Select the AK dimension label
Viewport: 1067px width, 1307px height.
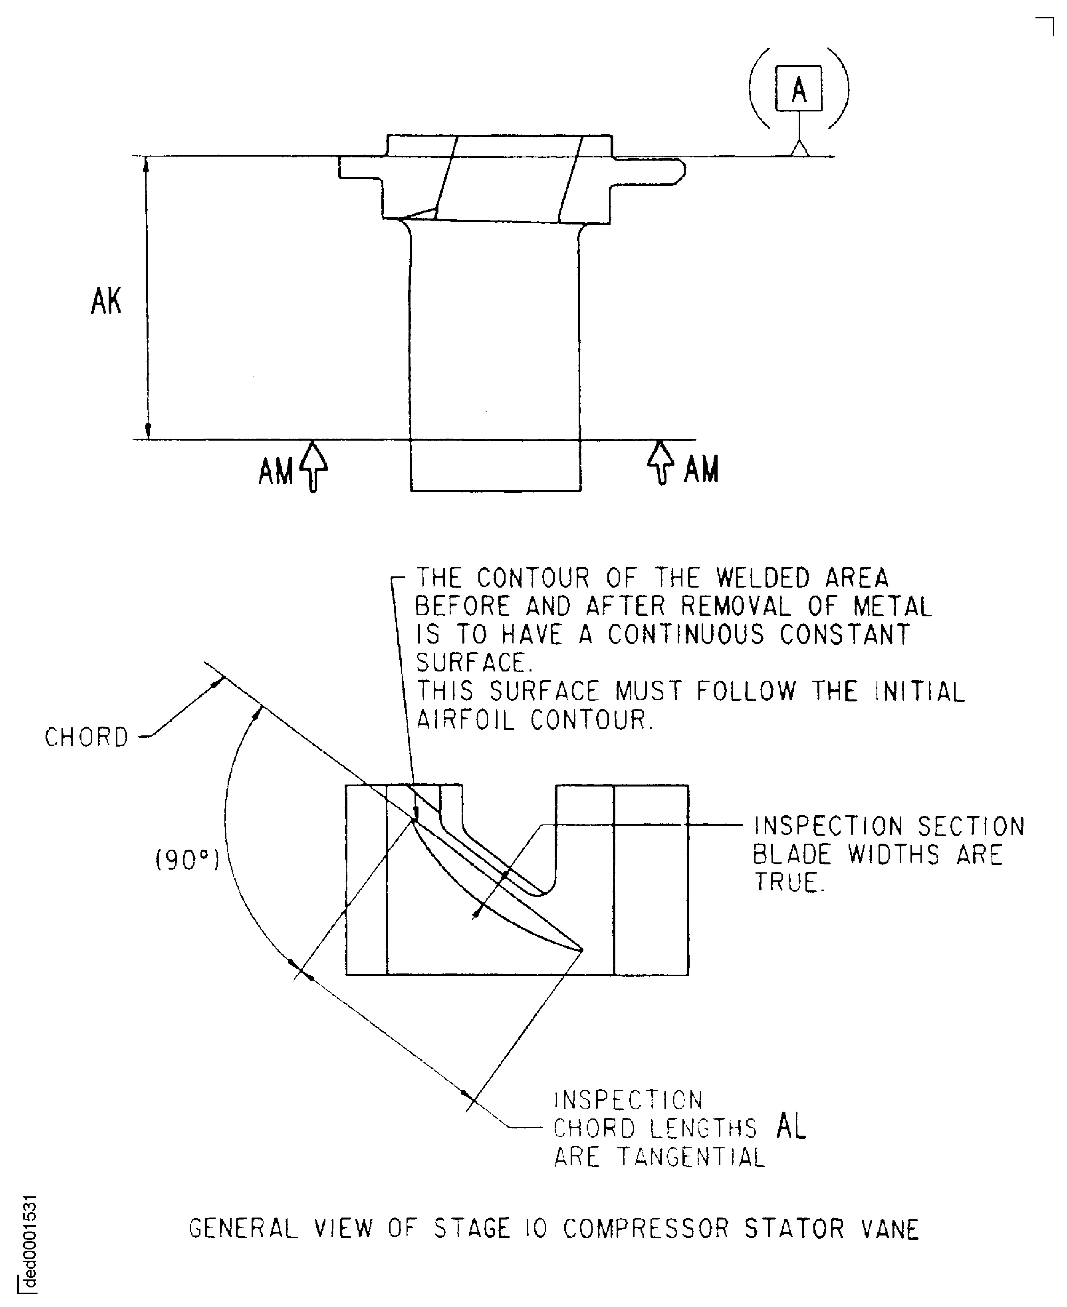click(x=106, y=302)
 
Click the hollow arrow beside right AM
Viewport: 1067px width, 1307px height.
click(x=661, y=462)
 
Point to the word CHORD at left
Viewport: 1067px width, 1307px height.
click(x=87, y=737)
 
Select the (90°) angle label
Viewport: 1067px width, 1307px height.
click(x=187, y=860)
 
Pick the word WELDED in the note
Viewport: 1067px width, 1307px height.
click(x=763, y=578)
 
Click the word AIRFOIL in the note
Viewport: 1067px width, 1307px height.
click(x=465, y=720)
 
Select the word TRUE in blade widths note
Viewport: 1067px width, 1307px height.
click(x=789, y=882)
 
